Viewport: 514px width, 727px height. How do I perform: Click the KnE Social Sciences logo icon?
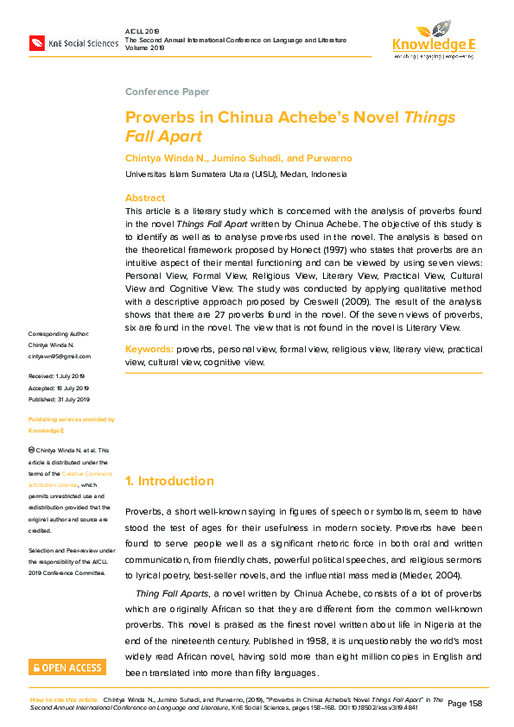click(37, 42)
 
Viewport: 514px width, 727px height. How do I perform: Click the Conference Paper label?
click(167, 92)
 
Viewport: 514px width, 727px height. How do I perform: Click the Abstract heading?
click(144, 198)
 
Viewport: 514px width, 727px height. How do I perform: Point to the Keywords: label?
click(149, 349)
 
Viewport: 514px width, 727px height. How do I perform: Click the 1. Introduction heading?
click(169, 481)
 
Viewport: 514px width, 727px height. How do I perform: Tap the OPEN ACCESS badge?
click(67, 667)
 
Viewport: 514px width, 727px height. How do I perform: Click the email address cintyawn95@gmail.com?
click(60, 356)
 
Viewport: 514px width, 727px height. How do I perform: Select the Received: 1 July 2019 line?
click(56, 376)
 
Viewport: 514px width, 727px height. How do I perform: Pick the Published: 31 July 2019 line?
click(59, 400)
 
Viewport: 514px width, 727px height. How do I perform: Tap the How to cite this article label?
click(64, 699)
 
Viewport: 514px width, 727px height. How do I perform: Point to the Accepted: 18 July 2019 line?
click(59, 389)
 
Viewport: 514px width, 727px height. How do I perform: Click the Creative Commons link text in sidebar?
click(86, 474)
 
